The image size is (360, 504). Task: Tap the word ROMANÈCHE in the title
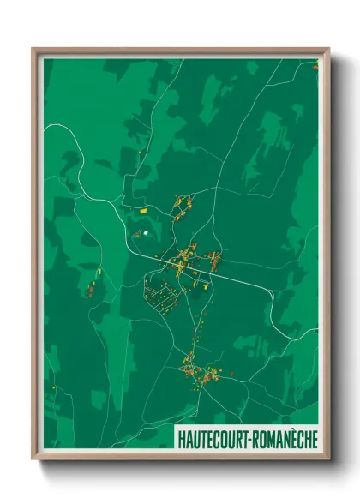(285, 439)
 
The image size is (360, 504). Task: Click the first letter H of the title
(181, 439)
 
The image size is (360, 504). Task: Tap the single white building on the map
(146, 232)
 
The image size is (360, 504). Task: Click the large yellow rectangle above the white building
(144, 208)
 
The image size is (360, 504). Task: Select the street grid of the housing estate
(161, 293)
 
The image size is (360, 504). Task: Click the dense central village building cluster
(190, 256)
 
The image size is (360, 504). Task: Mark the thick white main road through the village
(240, 279)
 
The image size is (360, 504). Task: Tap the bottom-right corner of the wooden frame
(328, 459)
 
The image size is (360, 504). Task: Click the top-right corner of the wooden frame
(328, 50)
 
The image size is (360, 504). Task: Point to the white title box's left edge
(175, 439)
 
